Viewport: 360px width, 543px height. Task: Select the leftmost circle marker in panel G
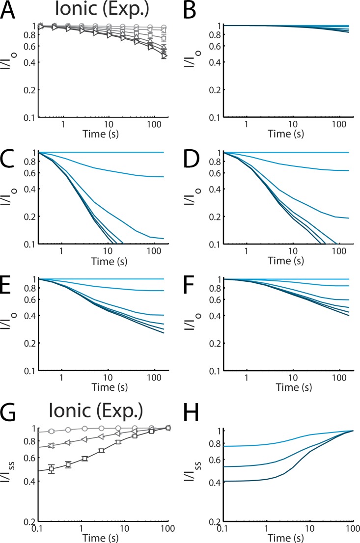[52, 431]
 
